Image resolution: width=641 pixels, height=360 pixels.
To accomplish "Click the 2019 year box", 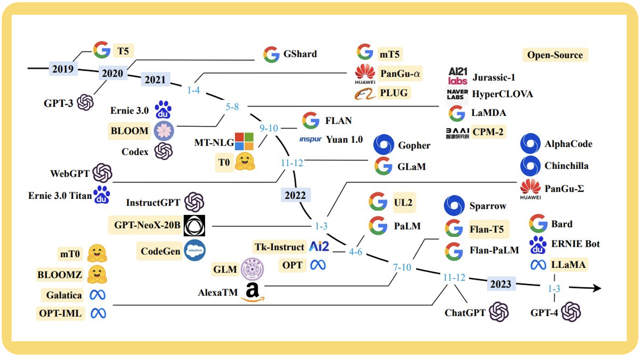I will tap(63, 69).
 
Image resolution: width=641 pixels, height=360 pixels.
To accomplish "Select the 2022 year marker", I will tap(295, 195).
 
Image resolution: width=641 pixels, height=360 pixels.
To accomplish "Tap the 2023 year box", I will tap(501, 284).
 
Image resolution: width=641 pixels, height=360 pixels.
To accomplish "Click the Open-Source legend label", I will tap(555, 55).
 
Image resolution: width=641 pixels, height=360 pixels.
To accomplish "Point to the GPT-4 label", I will tap(544, 313).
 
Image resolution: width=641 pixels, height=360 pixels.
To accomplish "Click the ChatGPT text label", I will tap(465, 313).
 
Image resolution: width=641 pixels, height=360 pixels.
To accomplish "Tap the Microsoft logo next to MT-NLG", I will tap(244, 142).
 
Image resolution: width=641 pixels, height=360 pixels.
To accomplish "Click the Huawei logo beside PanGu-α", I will tap(365, 73).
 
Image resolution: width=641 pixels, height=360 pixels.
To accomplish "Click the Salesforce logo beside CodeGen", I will tap(194, 251).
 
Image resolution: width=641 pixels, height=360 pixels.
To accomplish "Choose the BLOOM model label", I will tap(129, 131).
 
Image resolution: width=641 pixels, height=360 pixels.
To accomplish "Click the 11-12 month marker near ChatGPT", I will tap(454, 278).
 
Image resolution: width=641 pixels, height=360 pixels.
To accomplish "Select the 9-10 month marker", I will tap(269, 129).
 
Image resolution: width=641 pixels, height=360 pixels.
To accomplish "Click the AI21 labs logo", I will tap(457, 76).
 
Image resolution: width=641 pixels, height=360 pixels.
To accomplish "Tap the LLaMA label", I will tap(568, 265).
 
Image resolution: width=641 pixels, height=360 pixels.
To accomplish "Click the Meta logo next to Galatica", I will tap(98, 295).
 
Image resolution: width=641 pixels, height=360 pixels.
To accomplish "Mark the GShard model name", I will tap(300, 54).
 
